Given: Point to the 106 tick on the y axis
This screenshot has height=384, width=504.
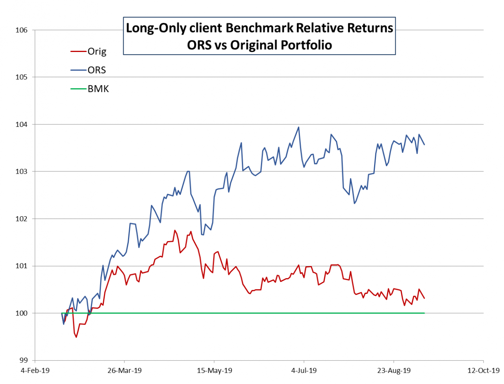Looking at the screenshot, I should tap(22, 30).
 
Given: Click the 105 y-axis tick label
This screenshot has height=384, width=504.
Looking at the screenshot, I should tap(22, 77).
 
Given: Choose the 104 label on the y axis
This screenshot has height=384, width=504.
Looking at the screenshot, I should tap(22, 124).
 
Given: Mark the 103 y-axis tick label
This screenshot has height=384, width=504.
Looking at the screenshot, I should tap(22, 172).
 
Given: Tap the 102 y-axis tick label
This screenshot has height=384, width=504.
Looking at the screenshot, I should tap(22, 219).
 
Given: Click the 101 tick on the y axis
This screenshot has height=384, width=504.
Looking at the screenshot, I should tap(22, 266).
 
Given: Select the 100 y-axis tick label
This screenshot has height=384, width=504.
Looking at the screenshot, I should tap(22, 314).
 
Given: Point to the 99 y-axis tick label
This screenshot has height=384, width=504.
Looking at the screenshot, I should tap(23, 360).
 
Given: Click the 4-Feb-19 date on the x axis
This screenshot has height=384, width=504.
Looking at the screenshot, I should tap(35, 371).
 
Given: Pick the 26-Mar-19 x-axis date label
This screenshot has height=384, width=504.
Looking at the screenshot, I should tap(124, 371).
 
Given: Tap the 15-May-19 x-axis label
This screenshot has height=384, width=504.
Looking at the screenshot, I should tap(214, 371).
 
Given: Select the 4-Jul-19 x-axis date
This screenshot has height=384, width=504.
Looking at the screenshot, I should tap(304, 371).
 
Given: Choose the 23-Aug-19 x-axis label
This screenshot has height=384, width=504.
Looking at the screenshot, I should tap(394, 371).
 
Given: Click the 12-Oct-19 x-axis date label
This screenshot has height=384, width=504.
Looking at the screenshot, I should tap(483, 371).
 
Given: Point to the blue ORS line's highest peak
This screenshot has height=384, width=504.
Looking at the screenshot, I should tap(298, 127).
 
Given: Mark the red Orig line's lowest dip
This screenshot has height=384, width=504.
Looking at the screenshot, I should tap(76, 337).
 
